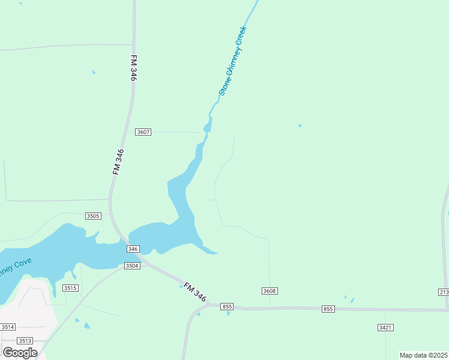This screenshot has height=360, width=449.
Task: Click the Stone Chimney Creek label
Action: pyautogui.click(x=234, y=61)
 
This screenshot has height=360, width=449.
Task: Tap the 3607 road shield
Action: pyautogui.click(x=143, y=132)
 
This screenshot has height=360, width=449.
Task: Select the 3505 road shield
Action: pyautogui.click(x=93, y=216)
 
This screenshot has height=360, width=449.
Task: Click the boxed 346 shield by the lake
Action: pyautogui.click(x=133, y=249)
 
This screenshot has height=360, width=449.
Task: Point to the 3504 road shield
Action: pyautogui.click(x=132, y=265)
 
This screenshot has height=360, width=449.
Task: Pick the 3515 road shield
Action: pyautogui.click(x=71, y=289)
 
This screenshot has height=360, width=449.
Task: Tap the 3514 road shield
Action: pyautogui.click(x=7, y=327)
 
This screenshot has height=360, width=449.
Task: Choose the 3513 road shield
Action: pyautogui.click(x=25, y=340)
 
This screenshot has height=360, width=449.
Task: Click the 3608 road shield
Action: pyautogui.click(x=270, y=291)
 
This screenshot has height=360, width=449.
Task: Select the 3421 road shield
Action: pyautogui.click(x=385, y=327)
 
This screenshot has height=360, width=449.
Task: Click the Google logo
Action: pyautogui.click(x=20, y=353)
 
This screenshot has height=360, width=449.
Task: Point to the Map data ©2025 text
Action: pyautogui.click(x=424, y=355)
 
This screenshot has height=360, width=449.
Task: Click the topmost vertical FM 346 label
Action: pyautogui.click(x=133, y=68)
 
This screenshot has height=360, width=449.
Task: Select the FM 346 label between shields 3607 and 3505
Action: pyautogui.click(x=118, y=161)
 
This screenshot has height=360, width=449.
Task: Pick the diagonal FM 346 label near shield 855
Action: pyautogui.click(x=195, y=292)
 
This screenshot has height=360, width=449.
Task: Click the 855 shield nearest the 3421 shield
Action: pyautogui.click(x=328, y=309)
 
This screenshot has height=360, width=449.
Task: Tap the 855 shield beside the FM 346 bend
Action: pyautogui.click(x=226, y=307)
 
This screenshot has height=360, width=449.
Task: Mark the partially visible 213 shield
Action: pyautogui.click(x=444, y=292)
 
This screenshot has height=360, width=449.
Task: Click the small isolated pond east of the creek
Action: pyautogui.click(x=300, y=126)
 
